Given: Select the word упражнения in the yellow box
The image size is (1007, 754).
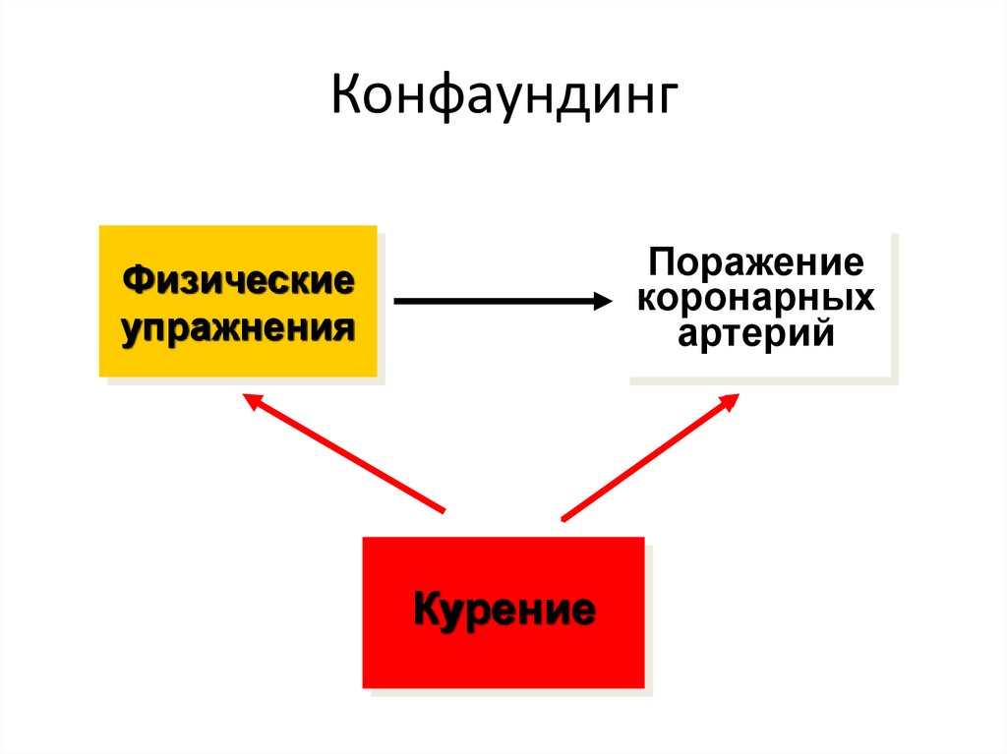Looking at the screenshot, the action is pyautogui.click(x=239, y=325).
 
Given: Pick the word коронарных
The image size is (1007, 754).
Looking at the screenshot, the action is pyautogui.click(x=755, y=298).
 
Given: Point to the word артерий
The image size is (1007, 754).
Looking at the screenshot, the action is pyautogui.click(x=755, y=333).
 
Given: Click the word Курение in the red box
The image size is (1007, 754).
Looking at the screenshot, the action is pyautogui.click(x=503, y=610).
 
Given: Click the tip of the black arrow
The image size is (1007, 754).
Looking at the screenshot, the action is pyautogui.click(x=611, y=302).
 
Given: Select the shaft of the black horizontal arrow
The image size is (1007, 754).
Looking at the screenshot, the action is pyautogui.click(x=492, y=302).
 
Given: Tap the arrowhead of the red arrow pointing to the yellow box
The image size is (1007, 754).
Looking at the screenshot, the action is pyautogui.click(x=250, y=400).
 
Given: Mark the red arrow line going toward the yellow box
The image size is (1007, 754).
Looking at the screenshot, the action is pyautogui.click(x=344, y=455).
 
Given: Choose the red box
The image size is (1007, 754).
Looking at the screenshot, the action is pyautogui.click(x=503, y=659).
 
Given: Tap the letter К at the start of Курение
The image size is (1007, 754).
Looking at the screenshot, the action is pyautogui.click(x=425, y=609).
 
